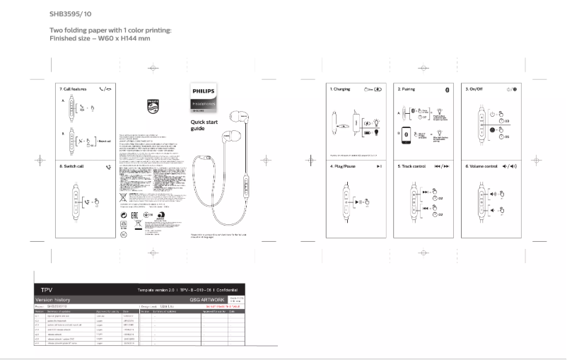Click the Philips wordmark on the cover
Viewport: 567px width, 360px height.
pyautogui.click(x=204, y=91)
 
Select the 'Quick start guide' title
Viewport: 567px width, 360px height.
pyautogui.click(x=202, y=126)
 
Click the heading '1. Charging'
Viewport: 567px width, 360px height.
pyautogui.click(x=341, y=90)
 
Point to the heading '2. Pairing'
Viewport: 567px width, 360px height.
pyautogui.click(x=406, y=90)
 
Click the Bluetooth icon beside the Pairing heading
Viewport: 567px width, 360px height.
pyautogui.click(x=446, y=90)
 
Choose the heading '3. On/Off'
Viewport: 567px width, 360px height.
pyautogui.click(x=476, y=90)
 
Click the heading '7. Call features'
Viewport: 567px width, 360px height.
pyautogui.click(x=74, y=90)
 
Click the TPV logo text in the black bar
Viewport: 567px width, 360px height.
pyautogui.click(x=47, y=291)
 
